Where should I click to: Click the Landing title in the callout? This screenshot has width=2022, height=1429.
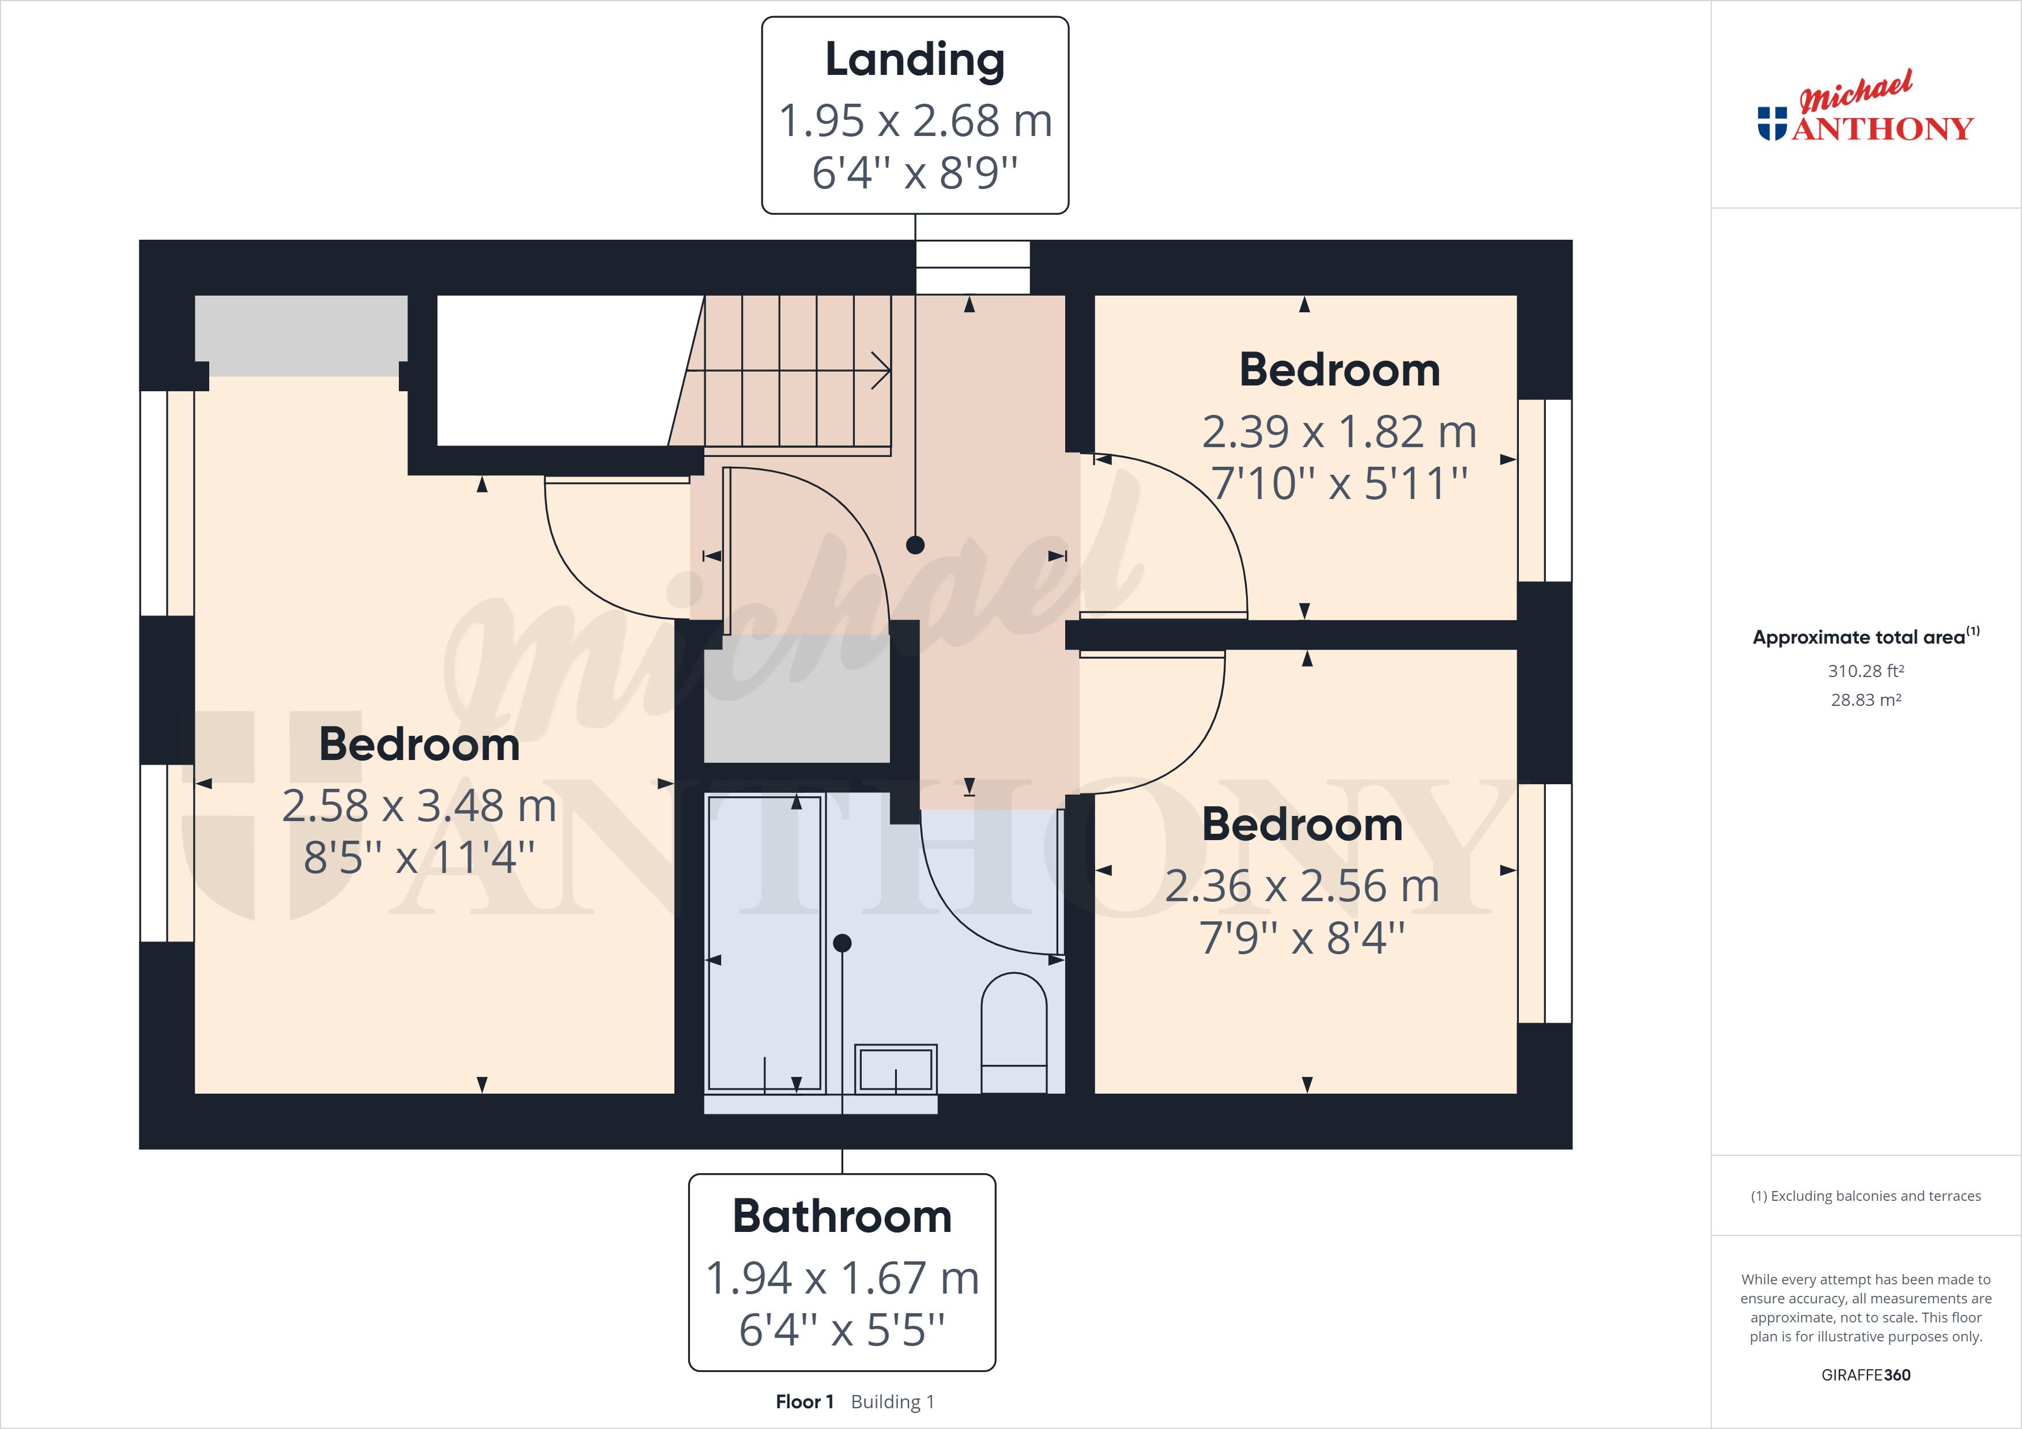(x=914, y=60)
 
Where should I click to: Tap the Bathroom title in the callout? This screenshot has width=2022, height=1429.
(x=842, y=1217)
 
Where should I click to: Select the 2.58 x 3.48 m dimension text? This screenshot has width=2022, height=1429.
(x=418, y=806)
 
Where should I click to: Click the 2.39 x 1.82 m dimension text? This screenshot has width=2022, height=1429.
(x=1338, y=432)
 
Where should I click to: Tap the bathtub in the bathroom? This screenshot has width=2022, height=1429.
(x=764, y=942)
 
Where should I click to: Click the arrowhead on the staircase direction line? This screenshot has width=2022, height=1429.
(x=881, y=371)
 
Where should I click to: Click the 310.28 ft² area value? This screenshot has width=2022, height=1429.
(x=1865, y=671)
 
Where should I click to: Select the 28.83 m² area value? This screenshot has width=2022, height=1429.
(x=1865, y=700)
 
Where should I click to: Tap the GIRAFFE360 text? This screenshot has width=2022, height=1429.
(x=1865, y=1374)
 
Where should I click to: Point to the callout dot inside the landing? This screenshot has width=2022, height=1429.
(x=915, y=545)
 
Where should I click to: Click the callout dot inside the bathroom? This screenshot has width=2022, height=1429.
(x=842, y=943)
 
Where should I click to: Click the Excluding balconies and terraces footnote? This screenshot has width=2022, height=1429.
(x=1865, y=1196)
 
